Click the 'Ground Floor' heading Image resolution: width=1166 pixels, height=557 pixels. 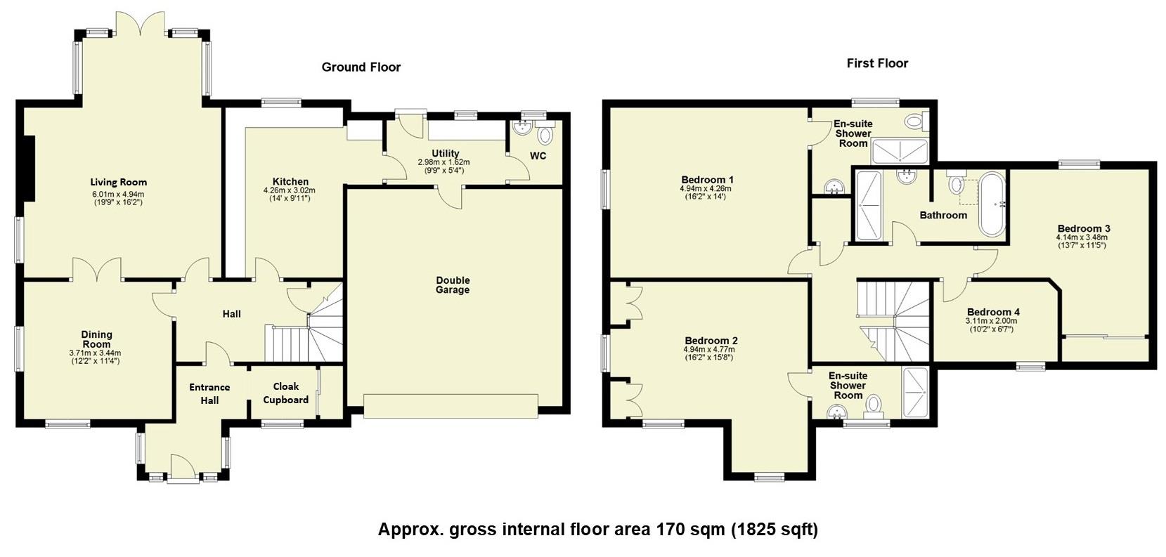click(361, 67)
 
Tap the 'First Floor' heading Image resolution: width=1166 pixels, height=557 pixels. click(877, 63)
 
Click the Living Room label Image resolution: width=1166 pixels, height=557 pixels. click(118, 183)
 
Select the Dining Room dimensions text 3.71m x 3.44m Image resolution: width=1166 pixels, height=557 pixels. click(95, 353)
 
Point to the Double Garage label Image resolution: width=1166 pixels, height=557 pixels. click(452, 285)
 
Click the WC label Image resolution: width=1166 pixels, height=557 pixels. click(538, 156)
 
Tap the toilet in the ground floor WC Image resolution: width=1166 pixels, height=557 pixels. click(545, 134)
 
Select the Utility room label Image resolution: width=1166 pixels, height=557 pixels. click(445, 153)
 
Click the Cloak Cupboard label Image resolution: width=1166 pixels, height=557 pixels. click(285, 393)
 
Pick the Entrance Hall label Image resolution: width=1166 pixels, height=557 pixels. click(209, 393)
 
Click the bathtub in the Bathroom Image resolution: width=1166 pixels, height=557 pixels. click(993, 204)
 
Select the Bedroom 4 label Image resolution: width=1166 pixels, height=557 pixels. click(992, 312)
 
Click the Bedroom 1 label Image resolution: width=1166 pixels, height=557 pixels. click(707, 180)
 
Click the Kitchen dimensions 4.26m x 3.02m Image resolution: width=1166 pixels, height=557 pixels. click(289, 190)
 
